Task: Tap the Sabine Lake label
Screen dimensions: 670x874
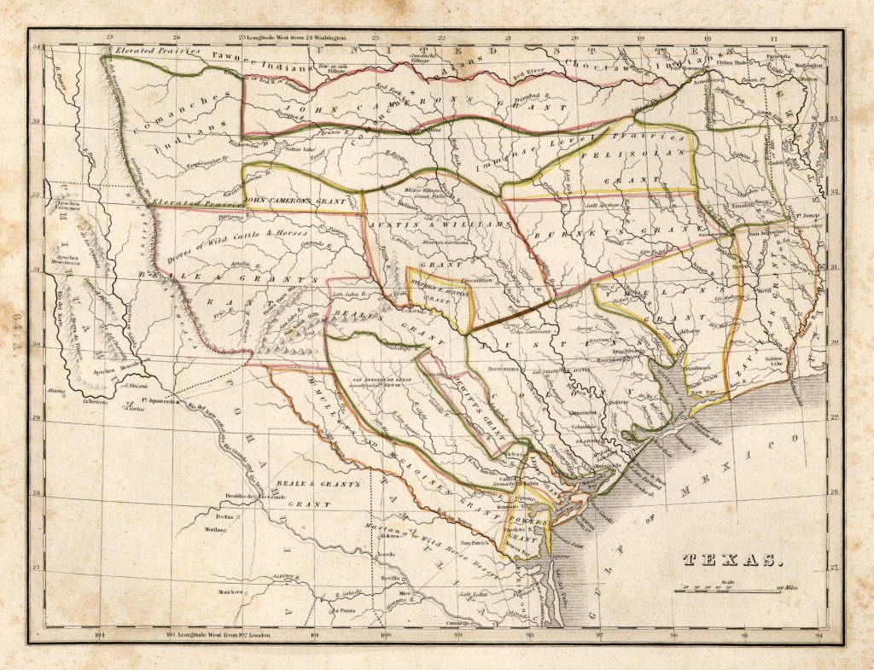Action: tap(774, 361)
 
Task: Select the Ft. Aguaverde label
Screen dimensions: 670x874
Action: tap(156, 399)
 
